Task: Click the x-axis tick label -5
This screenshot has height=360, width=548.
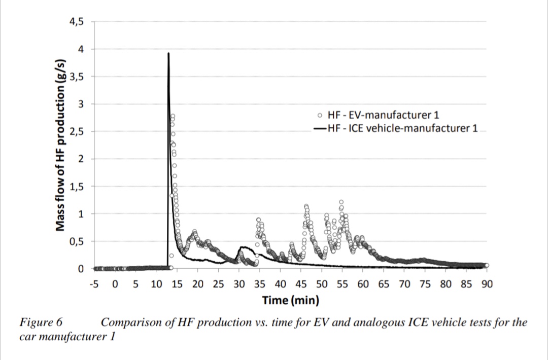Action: click(x=93, y=283)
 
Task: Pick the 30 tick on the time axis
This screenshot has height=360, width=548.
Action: click(x=238, y=283)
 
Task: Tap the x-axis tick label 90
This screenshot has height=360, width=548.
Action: click(x=487, y=283)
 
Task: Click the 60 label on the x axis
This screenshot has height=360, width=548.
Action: click(x=363, y=283)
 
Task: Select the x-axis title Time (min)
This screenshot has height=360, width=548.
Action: click(x=290, y=300)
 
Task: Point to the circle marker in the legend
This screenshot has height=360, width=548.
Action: click(x=320, y=115)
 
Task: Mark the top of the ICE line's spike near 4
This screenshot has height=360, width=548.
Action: click(x=168, y=53)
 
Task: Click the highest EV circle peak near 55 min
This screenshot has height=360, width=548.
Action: click(x=341, y=202)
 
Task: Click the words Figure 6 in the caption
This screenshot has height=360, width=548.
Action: click(x=43, y=322)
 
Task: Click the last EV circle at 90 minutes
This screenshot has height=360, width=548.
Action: click(x=487, y=265)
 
